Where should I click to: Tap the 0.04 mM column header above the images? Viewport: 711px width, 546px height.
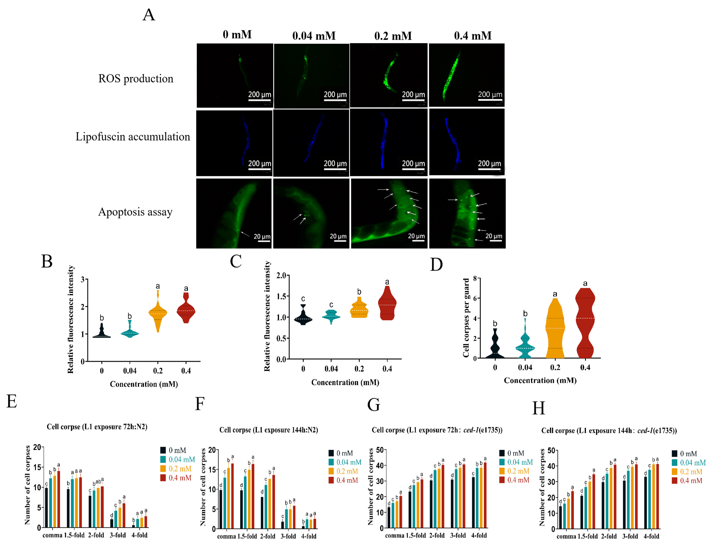tap(314, 36)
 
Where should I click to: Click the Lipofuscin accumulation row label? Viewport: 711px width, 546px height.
tap(133, 136)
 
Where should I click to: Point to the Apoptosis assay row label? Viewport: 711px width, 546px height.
tap(135, 212)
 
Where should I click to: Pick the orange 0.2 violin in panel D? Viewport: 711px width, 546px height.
tap(555, 328)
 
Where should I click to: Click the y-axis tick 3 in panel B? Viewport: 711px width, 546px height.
tap(82, 279)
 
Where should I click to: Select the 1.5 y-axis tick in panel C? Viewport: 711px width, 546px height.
tap(281, 296)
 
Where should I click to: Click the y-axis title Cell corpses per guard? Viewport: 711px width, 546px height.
tap(466, 318)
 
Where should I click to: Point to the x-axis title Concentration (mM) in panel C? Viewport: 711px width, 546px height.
tap(345, 382)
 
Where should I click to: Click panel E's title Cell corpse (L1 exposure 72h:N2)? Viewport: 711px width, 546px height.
tap(97, 427)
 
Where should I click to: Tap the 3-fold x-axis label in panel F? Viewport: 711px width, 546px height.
tap(288, 536)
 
